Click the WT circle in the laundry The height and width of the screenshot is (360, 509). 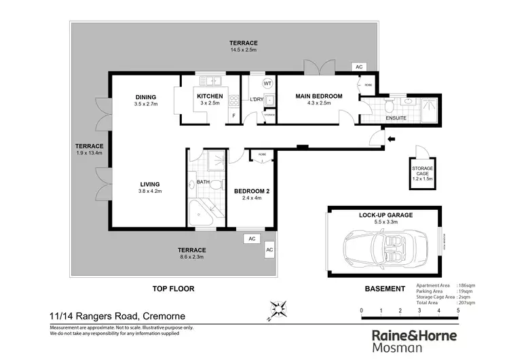coord(267,83)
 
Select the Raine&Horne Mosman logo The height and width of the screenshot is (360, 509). coord(414,341)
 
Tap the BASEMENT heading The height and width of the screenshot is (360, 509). coord(385,289)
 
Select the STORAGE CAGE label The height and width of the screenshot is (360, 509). coord(422,170)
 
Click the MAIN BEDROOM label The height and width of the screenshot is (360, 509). coord(318,96)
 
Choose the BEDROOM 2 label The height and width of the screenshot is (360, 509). coord(252,192)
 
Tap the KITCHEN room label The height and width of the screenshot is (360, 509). coord(210,96)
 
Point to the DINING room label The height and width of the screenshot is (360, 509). coord(145,96)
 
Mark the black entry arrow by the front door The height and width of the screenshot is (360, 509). coord(390,141)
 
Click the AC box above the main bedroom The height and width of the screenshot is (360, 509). coord(358,67)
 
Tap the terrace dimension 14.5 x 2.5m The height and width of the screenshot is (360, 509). coord(243,50)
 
